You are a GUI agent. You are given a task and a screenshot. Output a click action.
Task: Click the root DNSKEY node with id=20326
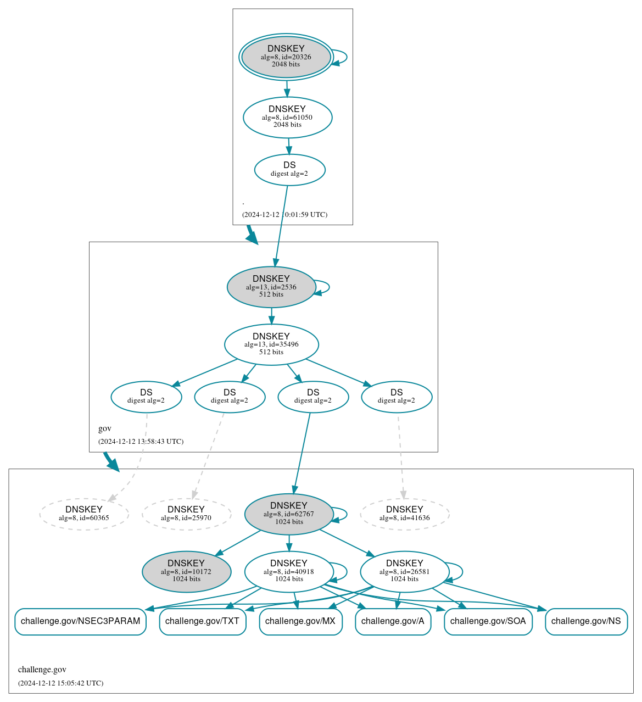point(286,57)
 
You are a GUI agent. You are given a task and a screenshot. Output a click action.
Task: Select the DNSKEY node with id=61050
point(287,117)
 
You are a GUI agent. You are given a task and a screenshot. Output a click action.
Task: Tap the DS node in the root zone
point(289,170)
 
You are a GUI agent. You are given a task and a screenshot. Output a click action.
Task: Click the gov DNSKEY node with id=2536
point(271,287)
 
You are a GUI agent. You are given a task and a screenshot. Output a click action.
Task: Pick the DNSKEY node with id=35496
point(271,344)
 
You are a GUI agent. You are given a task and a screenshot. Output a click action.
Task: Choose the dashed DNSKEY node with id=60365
point(84,514)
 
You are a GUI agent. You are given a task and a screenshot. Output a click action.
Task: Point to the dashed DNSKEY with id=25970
point(186,514)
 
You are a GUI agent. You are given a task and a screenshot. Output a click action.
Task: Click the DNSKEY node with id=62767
point(289,514)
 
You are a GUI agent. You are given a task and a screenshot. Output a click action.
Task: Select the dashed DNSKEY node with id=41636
point(405,514)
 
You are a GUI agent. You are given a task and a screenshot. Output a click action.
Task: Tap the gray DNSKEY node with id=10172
point(186,572)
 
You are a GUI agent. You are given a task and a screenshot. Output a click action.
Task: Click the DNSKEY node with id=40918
point(289,572)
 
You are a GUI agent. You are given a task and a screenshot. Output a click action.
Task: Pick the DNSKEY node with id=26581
point(405,572)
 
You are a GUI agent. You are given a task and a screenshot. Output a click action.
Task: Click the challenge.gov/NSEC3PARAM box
point(80,621)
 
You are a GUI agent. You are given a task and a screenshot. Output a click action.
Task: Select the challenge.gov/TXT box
point(203,621)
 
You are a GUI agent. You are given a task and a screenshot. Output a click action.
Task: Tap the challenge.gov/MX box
point(300,621)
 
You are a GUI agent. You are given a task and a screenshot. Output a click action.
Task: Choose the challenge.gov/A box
point(393,621)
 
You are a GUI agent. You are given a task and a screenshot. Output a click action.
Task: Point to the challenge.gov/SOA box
point(488,621)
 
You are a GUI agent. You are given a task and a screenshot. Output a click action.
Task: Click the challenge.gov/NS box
point(586,621)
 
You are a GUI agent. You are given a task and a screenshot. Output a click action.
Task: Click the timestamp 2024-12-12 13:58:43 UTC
point(141,442)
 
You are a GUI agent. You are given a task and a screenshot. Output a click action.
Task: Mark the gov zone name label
point(105,428)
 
